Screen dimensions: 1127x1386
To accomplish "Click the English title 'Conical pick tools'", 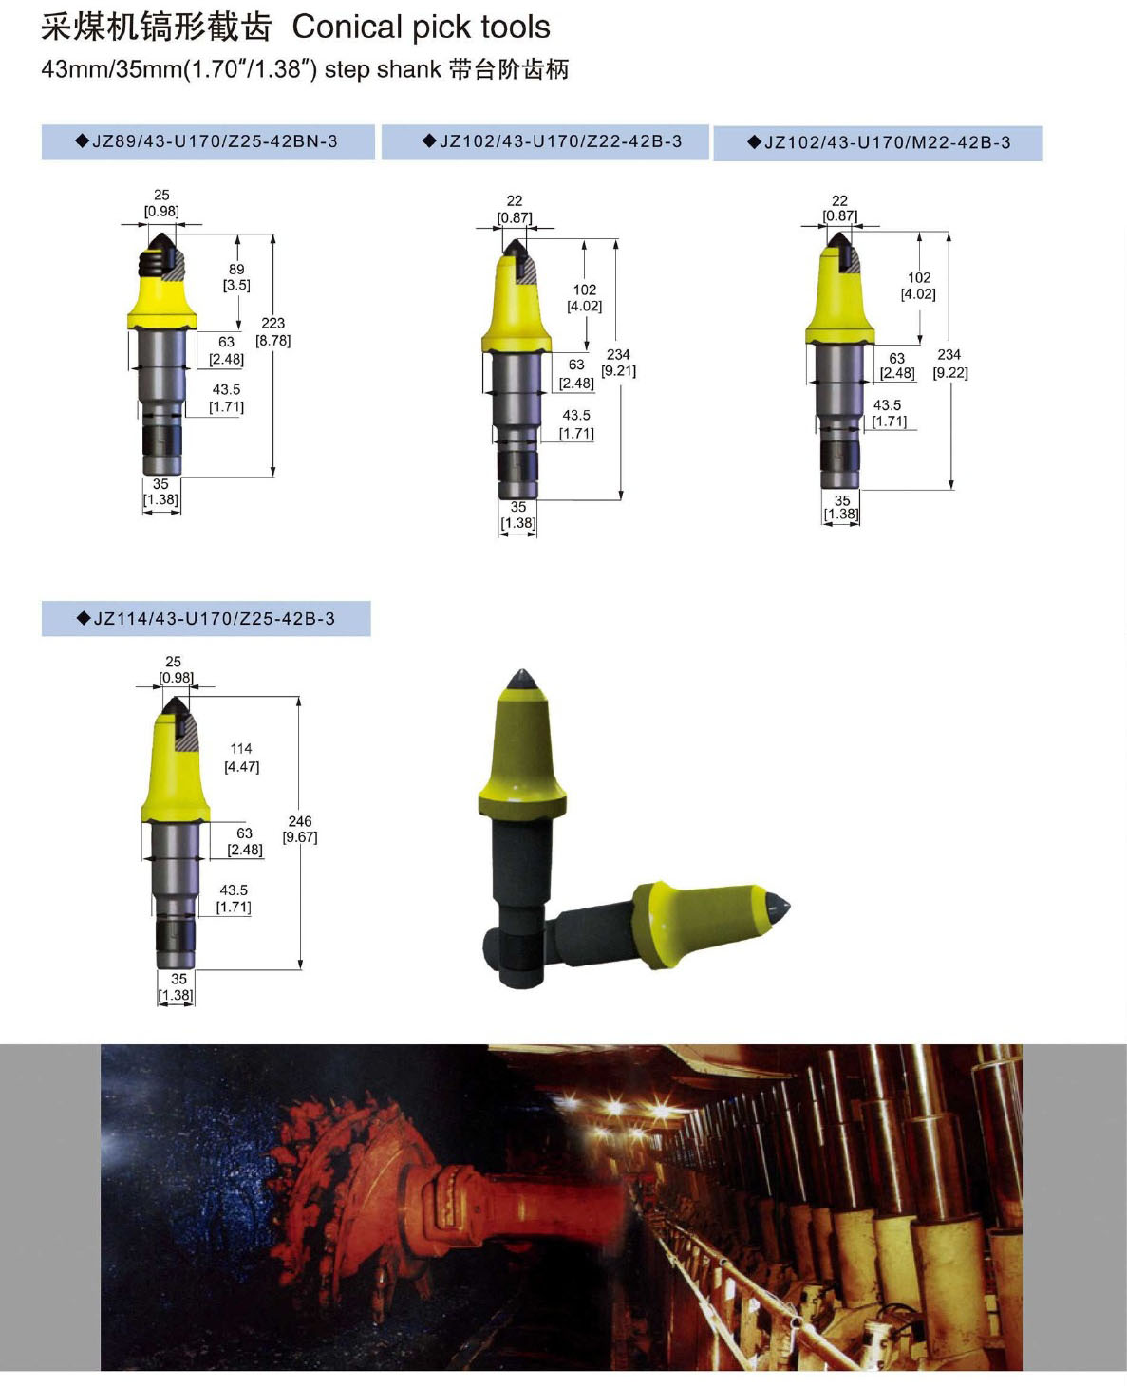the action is coord(421,28).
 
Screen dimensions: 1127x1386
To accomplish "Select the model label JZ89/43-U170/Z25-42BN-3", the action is coord(208,141).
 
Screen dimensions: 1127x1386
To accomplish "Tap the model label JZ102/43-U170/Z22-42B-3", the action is coord(552,141).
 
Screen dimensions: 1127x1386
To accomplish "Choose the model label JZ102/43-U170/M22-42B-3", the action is coord(879,142).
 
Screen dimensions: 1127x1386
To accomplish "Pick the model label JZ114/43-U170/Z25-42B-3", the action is coord(206,618).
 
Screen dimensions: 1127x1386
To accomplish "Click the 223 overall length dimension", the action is coord(273,323).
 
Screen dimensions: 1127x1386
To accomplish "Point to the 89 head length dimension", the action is coord(236,269).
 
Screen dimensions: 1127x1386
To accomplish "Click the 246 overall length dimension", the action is coord(300,821).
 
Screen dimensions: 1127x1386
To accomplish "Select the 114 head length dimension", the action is coord(241,748).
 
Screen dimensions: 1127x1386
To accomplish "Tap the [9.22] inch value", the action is coord(950,373).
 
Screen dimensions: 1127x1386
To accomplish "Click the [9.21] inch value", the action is coord(618,371).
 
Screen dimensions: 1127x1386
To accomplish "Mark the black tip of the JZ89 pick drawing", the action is coord(160,242).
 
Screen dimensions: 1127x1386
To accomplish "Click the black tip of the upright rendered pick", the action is coord(521,680).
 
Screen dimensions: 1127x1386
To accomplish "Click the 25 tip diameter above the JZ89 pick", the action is coord(161,195).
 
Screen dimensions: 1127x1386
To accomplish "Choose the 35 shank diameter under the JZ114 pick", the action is coord(178,979).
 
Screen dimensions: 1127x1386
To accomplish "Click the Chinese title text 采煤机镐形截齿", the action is coord(156,28).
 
